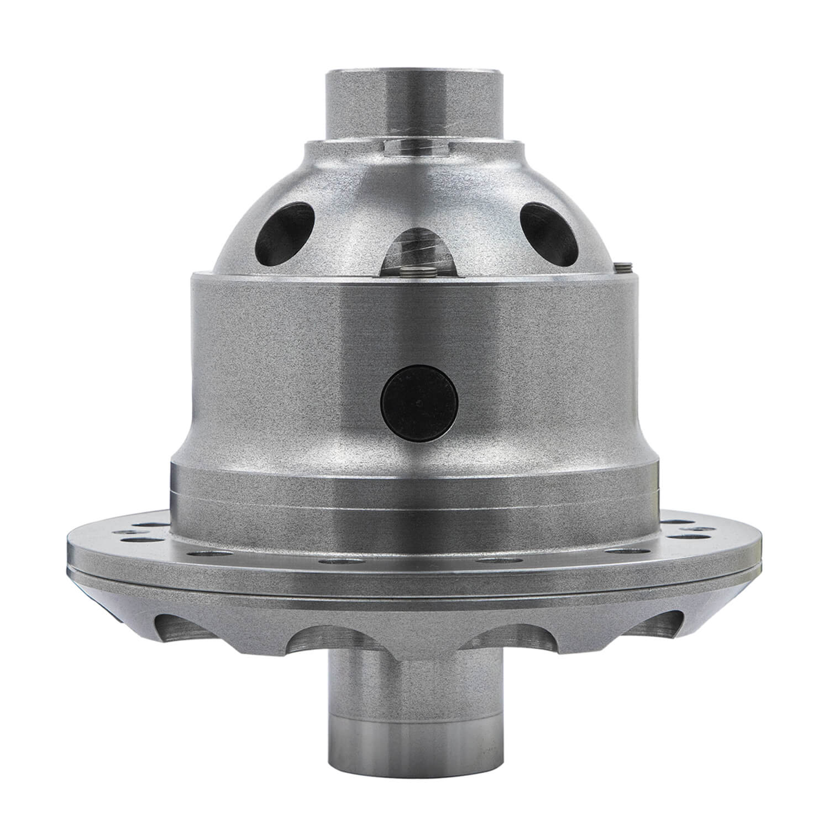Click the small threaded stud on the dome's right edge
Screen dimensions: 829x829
pyautogui.click(x=623, y=267)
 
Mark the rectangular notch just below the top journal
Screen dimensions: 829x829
pyautogui.click(x=414, y=148)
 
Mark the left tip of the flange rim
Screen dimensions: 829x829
pyautogui.click(x=67, y=553)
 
